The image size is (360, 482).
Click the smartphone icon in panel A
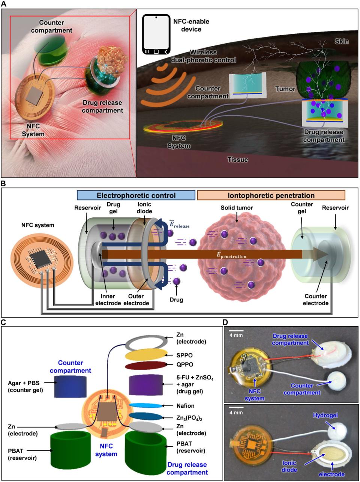coord(156,35)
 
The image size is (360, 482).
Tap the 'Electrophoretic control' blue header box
coord(136,196)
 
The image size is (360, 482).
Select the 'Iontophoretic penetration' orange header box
coord(271,196)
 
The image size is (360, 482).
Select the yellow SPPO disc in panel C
coord(145,354)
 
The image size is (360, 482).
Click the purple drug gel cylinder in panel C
coord(145,385)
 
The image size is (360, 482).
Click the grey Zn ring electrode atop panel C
coord(145,342)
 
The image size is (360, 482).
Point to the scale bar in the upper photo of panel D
coord(236,331)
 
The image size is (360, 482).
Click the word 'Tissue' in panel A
coord(238,160)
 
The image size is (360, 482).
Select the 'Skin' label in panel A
coord(342,41)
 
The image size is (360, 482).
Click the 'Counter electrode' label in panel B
coord(315,300)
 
